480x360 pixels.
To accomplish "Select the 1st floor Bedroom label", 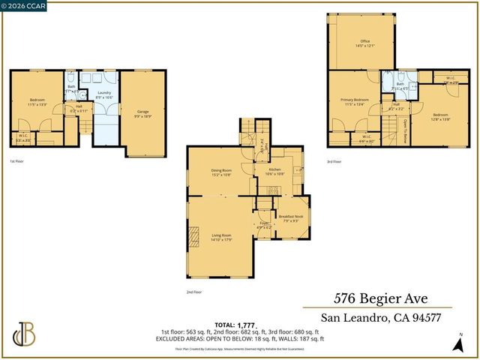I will [x=37, y=101].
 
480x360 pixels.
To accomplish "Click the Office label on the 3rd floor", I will [x=365, y=43].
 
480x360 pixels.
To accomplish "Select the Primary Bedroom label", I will [x=355, y=101].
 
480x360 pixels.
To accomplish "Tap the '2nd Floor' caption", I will [x=194, y=292].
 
